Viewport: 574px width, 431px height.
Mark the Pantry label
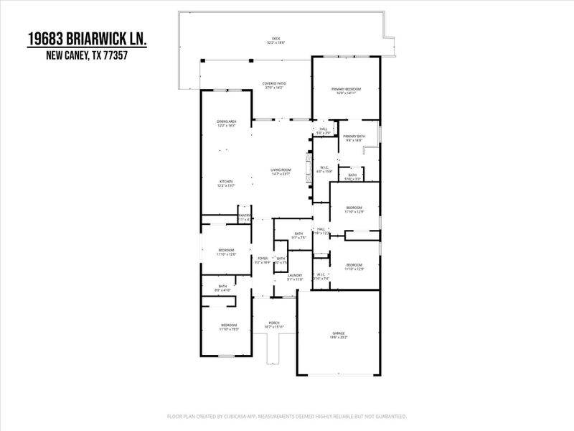click(x=244, y=217)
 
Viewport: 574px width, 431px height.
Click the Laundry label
click(x=295, y=277)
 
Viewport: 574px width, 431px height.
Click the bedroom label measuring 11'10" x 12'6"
click(x=226, y=251)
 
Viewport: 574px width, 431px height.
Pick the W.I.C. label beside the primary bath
click(x=325, y=170)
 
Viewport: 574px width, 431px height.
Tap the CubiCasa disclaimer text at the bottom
click(x=287, y=417)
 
